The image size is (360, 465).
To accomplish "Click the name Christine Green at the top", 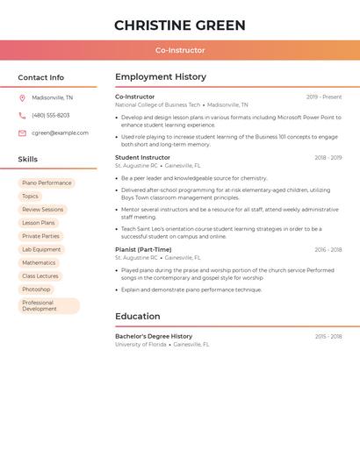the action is point(180,25).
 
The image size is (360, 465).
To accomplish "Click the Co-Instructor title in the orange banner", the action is point(180,50).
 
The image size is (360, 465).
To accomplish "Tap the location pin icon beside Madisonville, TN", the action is point(22,98).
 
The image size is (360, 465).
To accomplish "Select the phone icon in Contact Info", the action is point(22,116).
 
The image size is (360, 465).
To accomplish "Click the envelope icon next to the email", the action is point(22,133).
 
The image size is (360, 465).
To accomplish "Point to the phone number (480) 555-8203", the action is point(51,116).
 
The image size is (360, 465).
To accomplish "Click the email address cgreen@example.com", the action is point(60,133).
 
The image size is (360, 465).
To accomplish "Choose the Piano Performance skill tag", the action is point(47,183).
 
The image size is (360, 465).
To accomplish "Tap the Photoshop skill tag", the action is point(36,289).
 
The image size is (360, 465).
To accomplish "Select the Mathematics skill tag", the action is point(39,262).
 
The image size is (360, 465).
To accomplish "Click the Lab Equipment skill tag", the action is point(41,249).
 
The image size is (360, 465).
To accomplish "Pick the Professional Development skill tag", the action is point(48,305).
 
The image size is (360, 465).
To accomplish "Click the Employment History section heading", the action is point(161,77).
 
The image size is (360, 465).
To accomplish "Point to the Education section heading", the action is point(138,317).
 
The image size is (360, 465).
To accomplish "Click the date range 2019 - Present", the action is point(324,97).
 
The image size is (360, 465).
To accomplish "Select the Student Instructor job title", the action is point(142,158).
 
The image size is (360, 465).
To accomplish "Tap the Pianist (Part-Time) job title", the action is point(143,249).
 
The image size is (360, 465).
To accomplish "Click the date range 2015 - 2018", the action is point(328,337).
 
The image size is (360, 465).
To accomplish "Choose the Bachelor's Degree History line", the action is point(154,336).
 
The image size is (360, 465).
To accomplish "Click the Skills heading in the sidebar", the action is point(28,160).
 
